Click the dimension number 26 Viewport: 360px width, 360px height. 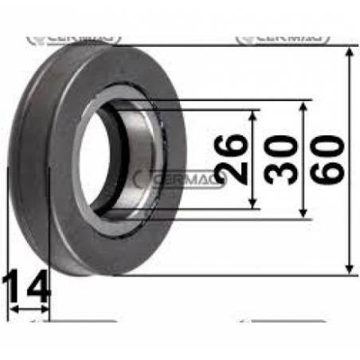tap(231, 159)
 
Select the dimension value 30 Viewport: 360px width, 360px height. tap(282, 159)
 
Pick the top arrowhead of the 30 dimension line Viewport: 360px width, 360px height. tap(303, 105)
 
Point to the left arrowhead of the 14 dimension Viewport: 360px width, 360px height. tap(10, 308)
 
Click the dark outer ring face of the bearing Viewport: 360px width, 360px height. tap(64, 199)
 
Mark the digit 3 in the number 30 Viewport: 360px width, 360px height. tap(282, 172)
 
